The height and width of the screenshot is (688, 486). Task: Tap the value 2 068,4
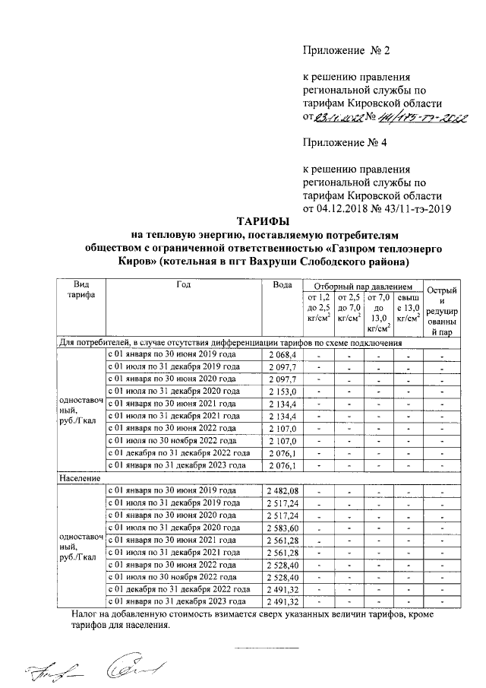(x=281, y=354)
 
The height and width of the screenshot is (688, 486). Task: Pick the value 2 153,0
(x=281, y=391)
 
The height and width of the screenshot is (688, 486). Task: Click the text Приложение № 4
(x=346, y=141)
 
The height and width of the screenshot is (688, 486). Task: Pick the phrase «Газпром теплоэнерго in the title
(x=370, y=249)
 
